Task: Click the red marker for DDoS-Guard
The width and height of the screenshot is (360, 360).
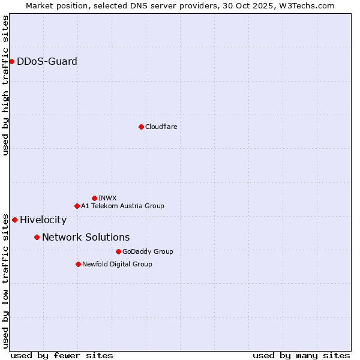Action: pos(11,61)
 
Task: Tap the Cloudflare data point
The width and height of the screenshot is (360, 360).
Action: pos(141,127)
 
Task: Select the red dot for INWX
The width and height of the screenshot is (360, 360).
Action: pos(94,198)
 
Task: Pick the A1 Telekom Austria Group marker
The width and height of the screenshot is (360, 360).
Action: pos(77,206)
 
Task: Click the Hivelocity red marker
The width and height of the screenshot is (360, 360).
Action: pos(14,220)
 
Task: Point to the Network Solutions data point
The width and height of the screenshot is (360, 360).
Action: pos(37,237)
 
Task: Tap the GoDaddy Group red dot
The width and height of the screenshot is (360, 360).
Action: pos(118,251)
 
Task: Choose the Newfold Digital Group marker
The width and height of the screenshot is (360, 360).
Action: pos(78,264)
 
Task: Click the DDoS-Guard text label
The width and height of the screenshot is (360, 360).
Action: pos(47,61)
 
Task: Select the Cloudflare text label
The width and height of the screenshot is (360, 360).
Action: pos(161,127)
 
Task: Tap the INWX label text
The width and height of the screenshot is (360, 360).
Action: pos(107,198)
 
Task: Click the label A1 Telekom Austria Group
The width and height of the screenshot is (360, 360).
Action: pos(122,206)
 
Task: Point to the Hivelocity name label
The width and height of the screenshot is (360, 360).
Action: pos(43,220)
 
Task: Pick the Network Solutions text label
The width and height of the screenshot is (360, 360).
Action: pos(86,237)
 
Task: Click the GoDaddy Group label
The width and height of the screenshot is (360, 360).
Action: pos(148,251)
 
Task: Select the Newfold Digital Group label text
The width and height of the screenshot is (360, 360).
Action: pos(117,264)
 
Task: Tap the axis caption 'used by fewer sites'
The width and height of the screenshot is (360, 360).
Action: pos(62,355)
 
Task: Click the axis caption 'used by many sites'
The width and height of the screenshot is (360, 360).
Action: pos(301,355)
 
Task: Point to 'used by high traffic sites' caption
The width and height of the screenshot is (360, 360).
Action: pos(5,85)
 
